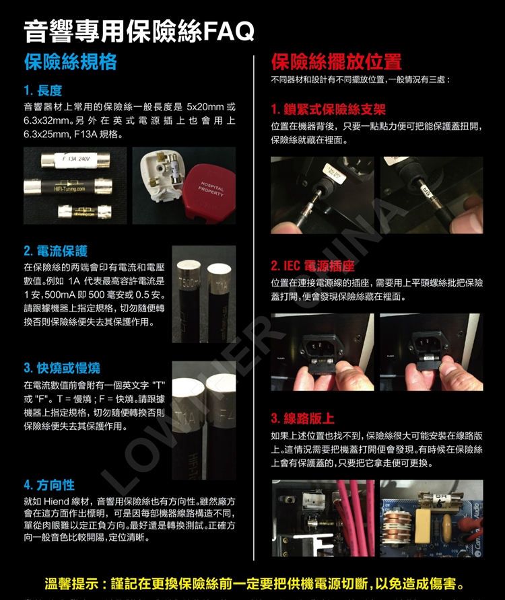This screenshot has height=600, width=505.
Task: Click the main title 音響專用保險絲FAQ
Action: [x=139, y=31]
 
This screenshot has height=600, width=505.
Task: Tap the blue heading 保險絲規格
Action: [x=71, y=62]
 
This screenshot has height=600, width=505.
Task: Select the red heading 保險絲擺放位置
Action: [x=337, y=62]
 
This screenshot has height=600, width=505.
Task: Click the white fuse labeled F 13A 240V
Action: [x=75, y=160]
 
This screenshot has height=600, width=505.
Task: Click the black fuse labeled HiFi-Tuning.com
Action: [x=68, y=186]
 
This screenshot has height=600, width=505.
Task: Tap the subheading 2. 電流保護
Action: [x=56, y=251]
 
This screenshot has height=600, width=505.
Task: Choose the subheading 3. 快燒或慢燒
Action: [x=62, y=368]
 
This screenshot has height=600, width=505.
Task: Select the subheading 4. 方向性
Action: [x=49, y=485]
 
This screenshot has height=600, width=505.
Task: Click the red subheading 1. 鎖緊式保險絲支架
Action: [x=328, y=110]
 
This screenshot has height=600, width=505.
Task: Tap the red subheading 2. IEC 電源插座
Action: [x=312, y=266]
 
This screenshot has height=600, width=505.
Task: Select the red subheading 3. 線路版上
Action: [x=303, y=418]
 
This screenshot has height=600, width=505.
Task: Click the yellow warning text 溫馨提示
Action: [x=72, y=584]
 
